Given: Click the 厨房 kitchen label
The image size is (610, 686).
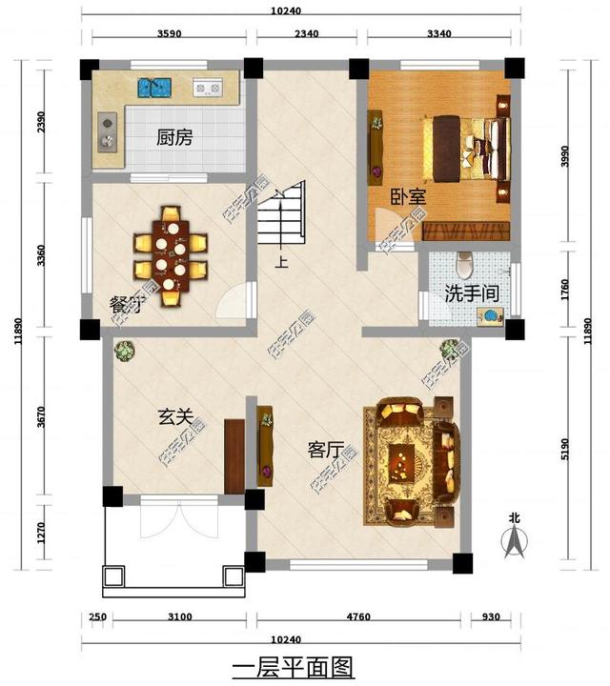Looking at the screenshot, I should [174, 137].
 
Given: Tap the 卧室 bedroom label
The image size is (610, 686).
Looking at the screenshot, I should [407, 197].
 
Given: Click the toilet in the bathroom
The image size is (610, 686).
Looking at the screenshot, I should [465, 261].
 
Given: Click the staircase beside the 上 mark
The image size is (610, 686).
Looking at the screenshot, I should [282, 215].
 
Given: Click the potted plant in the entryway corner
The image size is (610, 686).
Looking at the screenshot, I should [124, 352].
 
